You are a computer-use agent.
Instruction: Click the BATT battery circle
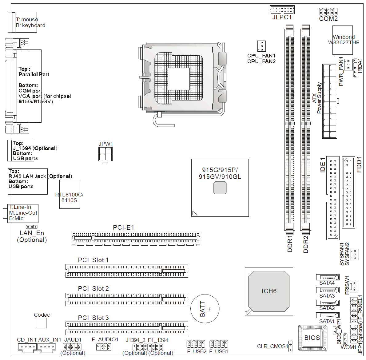[205, 309]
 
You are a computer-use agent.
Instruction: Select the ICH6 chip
[269, 291]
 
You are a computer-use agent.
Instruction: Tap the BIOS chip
[312, 338]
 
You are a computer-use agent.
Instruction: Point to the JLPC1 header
[282, 10]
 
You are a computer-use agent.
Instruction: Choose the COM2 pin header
[328, 12]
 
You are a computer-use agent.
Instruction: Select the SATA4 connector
[328, 277]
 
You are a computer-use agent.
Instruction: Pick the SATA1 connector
[328, 315]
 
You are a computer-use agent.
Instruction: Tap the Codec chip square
[41, 323]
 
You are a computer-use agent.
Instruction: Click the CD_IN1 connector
[28, 347]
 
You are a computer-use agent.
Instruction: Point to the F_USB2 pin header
[196, 344]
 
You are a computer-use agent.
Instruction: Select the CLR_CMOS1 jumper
[290, 346]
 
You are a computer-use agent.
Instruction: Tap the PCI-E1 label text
[124, 227]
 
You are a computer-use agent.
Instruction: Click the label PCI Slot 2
[93, 289]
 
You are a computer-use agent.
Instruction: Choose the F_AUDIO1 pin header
[104, 347]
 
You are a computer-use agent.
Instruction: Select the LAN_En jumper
[32, 227]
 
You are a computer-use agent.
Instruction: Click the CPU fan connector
[261, 46]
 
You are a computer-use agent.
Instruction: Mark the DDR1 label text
[290, 244]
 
